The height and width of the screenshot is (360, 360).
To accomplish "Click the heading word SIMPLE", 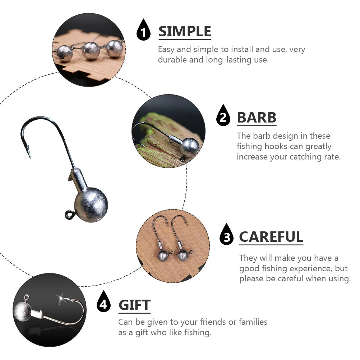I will (185, 32).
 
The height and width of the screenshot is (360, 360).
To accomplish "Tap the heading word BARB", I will (257, 117).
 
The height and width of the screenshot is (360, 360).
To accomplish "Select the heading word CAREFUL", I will (271, 237).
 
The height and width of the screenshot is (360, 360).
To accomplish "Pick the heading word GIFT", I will (134, 305).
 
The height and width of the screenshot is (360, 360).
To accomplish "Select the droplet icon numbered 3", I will (226, 235).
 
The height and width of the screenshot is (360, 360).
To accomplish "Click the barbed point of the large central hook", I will (29, 153).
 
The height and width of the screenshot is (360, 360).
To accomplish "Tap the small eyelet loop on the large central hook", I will (68, 214).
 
